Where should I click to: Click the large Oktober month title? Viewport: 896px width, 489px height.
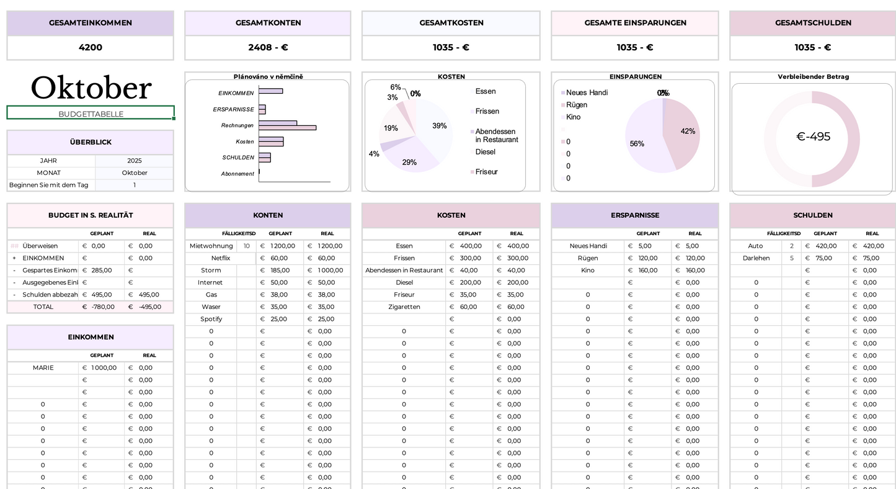[x=91, y=88]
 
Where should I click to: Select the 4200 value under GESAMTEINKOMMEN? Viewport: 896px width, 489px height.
[x=91, y=47]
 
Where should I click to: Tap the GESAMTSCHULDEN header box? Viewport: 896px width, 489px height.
[x=812, y=23]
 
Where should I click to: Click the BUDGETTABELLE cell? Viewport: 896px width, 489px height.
[x=91, y=114]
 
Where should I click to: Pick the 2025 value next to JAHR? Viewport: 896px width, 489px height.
[x=134, y=161]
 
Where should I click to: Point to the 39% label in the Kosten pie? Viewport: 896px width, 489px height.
[x=440, y=126]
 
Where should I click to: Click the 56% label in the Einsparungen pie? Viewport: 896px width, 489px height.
[x=637, y=144]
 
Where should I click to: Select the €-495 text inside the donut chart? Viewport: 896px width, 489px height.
[x=813, y=137]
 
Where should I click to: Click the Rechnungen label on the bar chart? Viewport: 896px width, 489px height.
[x=237, y=126]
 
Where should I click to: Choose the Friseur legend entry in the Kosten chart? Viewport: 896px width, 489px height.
[x=486, y=172]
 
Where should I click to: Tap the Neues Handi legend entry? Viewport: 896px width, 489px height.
[x=587, y=93]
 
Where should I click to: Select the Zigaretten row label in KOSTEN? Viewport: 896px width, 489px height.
[x=404, y=307]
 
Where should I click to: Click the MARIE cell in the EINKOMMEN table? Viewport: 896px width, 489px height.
[x=43, y=368]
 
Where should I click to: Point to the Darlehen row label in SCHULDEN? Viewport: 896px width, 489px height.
[x=755, y=258]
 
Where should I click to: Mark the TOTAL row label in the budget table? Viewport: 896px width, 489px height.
[x=43, y=307]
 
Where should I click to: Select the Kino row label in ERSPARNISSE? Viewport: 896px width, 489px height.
[x=587, y=271]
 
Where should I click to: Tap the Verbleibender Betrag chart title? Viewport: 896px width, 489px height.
[x=813, y=77]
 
